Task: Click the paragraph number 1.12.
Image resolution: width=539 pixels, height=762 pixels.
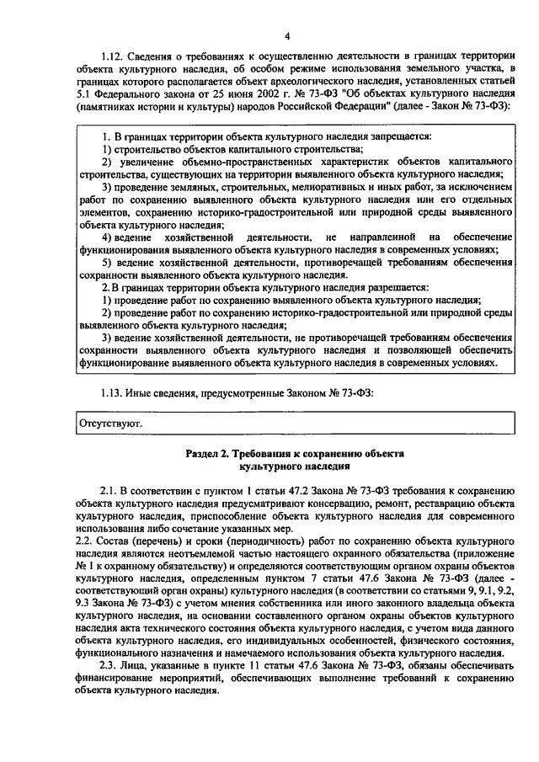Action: pos(111,55)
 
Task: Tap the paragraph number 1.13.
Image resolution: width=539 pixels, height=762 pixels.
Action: pos(111,392)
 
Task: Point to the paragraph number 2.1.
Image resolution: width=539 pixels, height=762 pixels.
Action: pos(109,490)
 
